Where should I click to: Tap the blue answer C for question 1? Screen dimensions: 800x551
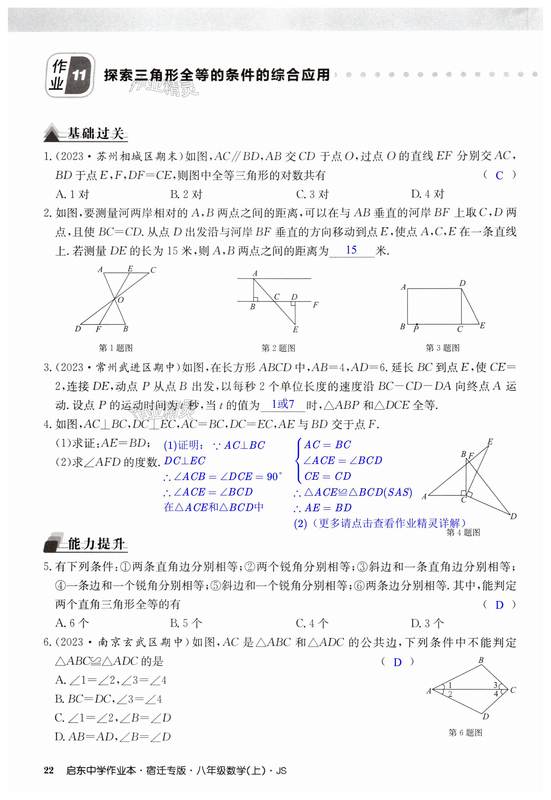click(499, 176)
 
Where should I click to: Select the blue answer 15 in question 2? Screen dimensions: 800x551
click(351, 250)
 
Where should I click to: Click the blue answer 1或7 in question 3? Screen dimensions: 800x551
click(283, 404)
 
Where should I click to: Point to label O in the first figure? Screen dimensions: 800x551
click(120, 300)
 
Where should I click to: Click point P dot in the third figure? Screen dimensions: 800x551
click(417, 325)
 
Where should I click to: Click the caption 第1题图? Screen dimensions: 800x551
click(116, 348)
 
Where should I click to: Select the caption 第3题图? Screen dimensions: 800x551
click(442, 348)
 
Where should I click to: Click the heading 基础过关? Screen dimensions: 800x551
click(96, 133)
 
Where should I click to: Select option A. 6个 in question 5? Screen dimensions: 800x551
click(72, 623)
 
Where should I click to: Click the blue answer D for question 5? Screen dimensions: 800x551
click(499, 605)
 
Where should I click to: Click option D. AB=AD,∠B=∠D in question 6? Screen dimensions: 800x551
click(113, 737)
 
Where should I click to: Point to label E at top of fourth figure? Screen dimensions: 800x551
click(490, 442)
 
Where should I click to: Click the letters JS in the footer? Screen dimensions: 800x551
click(281, 771)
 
